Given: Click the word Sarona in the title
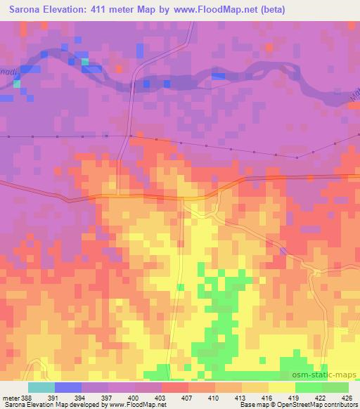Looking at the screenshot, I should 25,9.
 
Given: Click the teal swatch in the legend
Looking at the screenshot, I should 41,387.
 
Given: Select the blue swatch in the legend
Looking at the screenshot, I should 67,387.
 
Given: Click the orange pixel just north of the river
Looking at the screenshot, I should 269,48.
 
